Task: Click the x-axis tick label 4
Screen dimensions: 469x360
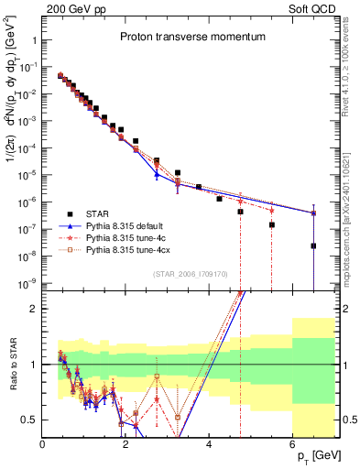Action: [210, 444]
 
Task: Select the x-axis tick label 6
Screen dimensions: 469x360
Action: [292, 444]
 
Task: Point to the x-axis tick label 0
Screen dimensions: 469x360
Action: [43, 444]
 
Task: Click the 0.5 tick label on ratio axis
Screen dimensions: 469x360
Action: [30, 420]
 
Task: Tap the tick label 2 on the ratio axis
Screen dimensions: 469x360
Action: [34, 309]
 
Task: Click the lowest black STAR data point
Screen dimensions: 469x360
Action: [313, 245]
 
